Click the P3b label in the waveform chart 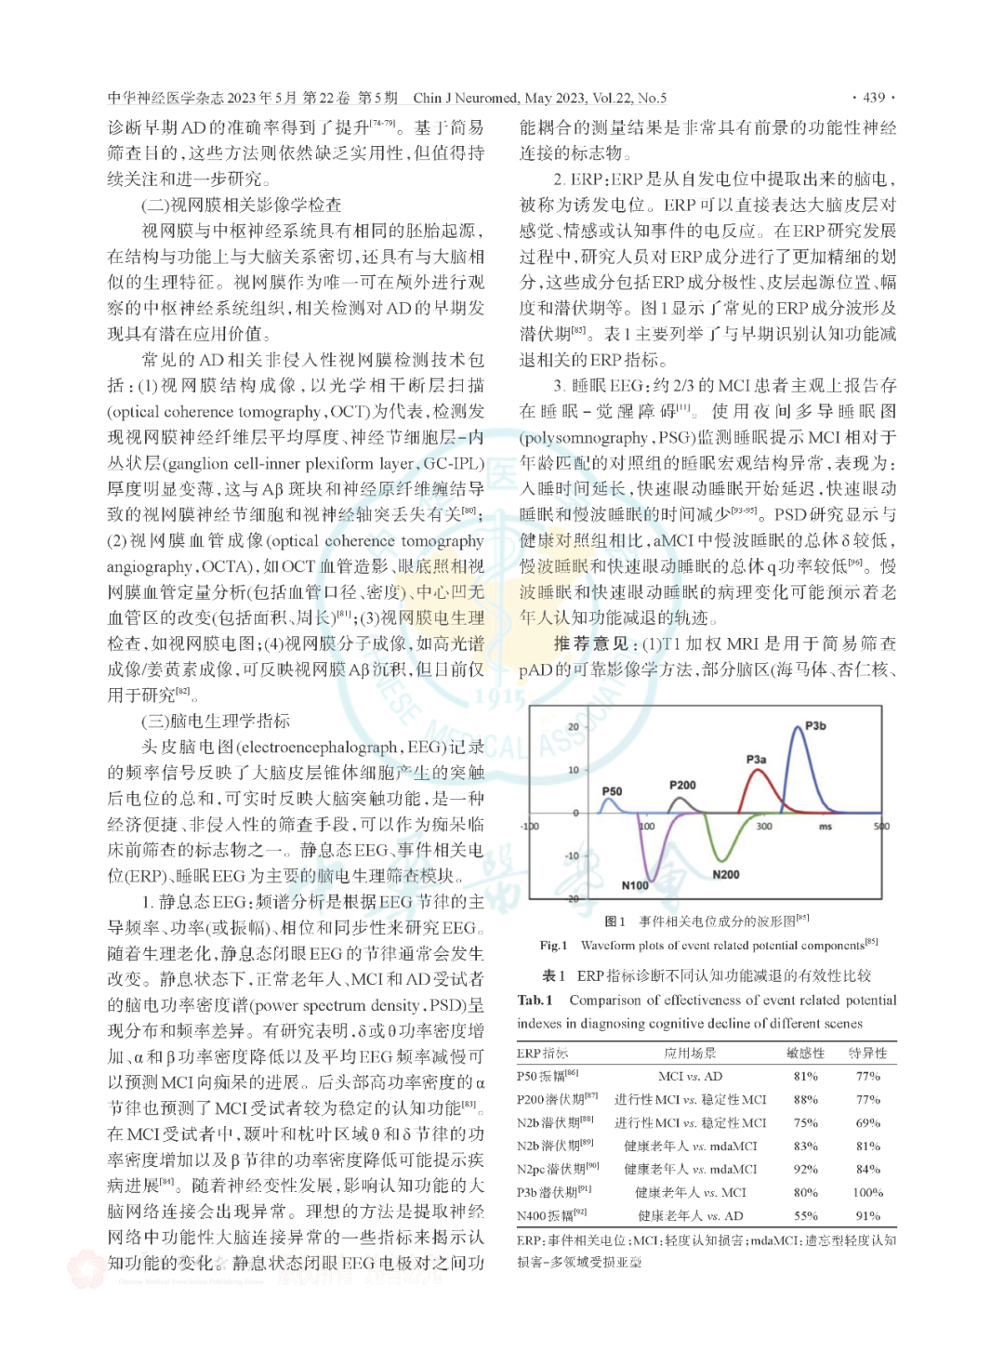tap(815, 725)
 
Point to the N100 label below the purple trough tap(636, 885)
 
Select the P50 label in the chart tap(612, 791)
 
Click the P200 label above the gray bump tap(682, 785)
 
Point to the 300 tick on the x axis tap(763, 826)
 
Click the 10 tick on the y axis tap(574, 770)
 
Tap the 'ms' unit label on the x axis tap(825, 826)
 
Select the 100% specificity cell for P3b tap(866, 1192)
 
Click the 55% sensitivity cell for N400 tap(805, 1215)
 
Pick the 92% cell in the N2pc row tap(805, 1169)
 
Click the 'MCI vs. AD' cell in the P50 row tap(690, 1076)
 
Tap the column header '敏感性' tap(805, 1053)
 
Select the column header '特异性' tap(867, 1053)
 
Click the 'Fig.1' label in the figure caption tap(553, 945)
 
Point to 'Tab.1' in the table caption tap(535, 1000)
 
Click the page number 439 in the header tap(874, 98)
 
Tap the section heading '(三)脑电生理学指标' tap(216, 721)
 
